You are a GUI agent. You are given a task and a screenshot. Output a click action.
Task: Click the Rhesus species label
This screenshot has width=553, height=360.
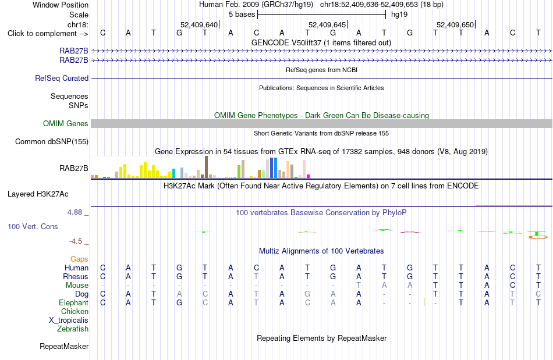76,276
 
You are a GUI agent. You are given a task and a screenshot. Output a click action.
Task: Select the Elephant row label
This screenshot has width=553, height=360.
74,303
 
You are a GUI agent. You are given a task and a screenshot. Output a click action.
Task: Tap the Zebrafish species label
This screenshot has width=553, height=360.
73,329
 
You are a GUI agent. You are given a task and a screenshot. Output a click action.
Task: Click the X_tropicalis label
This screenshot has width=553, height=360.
69,320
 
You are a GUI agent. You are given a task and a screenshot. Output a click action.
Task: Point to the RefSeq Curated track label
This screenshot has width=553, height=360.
62,78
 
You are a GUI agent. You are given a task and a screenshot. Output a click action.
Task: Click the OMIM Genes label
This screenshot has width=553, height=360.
66,124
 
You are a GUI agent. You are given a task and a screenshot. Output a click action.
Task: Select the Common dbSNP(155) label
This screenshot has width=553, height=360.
52,141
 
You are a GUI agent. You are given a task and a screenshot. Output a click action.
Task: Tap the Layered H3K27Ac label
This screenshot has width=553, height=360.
38,194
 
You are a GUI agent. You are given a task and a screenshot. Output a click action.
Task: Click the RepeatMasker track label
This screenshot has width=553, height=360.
64,347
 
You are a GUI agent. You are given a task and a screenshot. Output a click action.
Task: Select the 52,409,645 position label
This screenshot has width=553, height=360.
327,24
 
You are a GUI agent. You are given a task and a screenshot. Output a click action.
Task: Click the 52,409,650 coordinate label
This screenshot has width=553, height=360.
455,24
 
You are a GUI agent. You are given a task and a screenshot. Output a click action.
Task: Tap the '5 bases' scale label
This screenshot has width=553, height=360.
242,15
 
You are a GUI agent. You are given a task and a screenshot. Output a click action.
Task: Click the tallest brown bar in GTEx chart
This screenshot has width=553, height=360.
206,167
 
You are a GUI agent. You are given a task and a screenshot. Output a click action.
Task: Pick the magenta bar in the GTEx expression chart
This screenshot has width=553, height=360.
309,176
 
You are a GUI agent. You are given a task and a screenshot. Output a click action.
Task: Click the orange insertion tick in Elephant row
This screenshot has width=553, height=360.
424,302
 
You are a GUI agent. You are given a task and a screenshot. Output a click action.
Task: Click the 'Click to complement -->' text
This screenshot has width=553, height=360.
48,34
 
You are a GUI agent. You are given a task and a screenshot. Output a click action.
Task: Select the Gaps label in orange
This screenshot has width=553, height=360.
79,259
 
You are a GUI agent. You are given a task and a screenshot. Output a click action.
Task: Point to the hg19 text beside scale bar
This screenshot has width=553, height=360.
399,15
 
